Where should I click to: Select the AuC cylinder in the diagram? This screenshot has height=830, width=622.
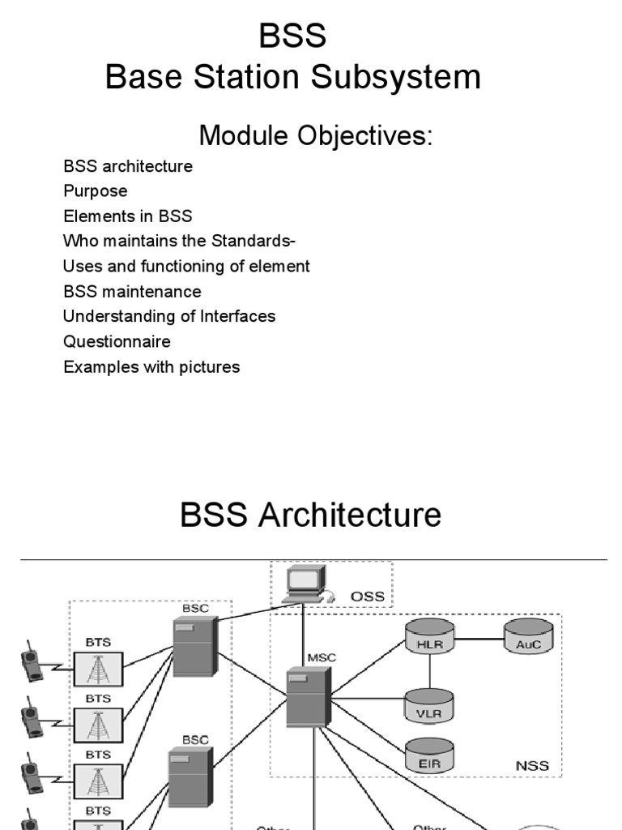528,637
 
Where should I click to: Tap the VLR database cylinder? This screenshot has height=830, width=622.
429,704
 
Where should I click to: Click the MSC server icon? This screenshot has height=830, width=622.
308,698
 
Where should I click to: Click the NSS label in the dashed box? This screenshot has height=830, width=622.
531,765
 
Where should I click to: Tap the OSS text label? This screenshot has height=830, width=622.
367,597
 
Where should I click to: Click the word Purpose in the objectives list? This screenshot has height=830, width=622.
96,191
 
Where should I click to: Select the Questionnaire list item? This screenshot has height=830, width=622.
117,341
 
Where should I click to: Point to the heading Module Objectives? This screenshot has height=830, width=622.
316,135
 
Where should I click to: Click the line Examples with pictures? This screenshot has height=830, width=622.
151,366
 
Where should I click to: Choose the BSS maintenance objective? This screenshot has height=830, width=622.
132,291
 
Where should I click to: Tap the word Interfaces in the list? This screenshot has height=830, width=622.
238,316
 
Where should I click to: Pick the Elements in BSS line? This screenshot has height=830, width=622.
128,216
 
